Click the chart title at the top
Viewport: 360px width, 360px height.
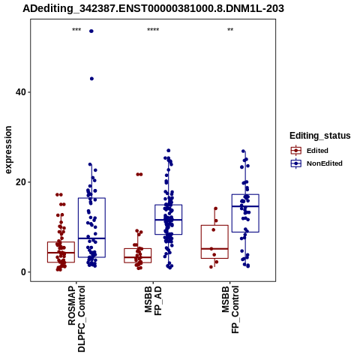(153, 8)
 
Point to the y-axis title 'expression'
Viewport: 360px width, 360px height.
(8, 150)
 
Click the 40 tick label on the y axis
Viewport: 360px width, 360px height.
(20, 92)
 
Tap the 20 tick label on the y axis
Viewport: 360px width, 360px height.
(20, 182)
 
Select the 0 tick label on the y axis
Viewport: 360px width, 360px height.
(23, 272)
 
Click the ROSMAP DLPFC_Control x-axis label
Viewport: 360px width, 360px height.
(76, 319)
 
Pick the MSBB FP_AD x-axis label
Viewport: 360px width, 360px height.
(153, 301)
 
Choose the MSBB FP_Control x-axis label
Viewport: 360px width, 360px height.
(230, 310)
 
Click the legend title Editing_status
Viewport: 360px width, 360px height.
(320, 136)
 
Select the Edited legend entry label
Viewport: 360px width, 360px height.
(317, 151)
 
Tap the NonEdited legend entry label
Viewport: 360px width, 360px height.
(325, 163)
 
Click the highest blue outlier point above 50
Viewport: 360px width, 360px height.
(91, 31)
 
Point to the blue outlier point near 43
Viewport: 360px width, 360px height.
(91, 79)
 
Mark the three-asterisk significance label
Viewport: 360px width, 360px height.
(76, 30)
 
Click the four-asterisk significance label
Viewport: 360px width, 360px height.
(153, 30)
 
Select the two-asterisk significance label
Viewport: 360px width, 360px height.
(230, 30)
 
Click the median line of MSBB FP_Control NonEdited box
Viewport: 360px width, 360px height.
(245, 206)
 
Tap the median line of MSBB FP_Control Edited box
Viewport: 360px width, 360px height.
(214, 249)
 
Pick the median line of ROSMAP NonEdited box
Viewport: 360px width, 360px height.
(91, 238)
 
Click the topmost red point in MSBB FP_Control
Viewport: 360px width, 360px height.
(215, 208)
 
